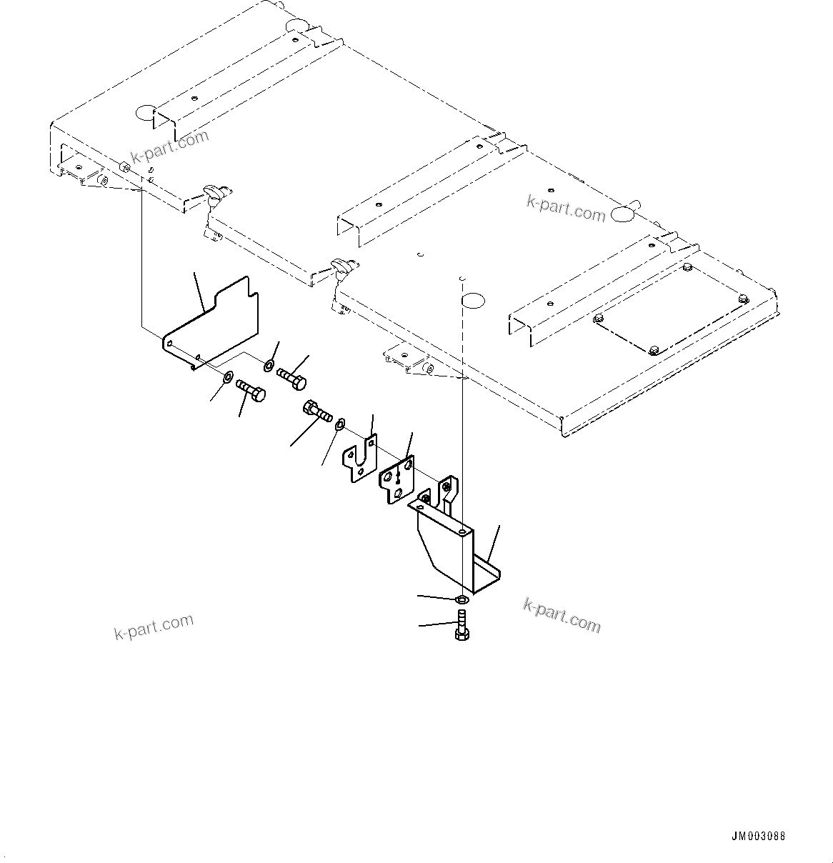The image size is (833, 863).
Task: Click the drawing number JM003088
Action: (x=758, y=837)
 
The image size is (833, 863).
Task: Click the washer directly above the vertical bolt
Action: (x=462, y=599)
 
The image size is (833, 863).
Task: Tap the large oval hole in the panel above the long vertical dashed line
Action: (x=473, y=299)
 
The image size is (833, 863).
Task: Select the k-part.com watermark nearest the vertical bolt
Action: (x=562, y=615)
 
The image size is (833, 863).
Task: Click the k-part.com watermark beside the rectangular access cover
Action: (x=566, y=207)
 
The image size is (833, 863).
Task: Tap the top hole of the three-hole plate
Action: (x=408, y=465)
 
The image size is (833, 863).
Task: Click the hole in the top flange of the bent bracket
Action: (x=463, y=532)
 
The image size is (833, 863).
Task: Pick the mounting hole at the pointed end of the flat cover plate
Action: (x=170, y=344)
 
